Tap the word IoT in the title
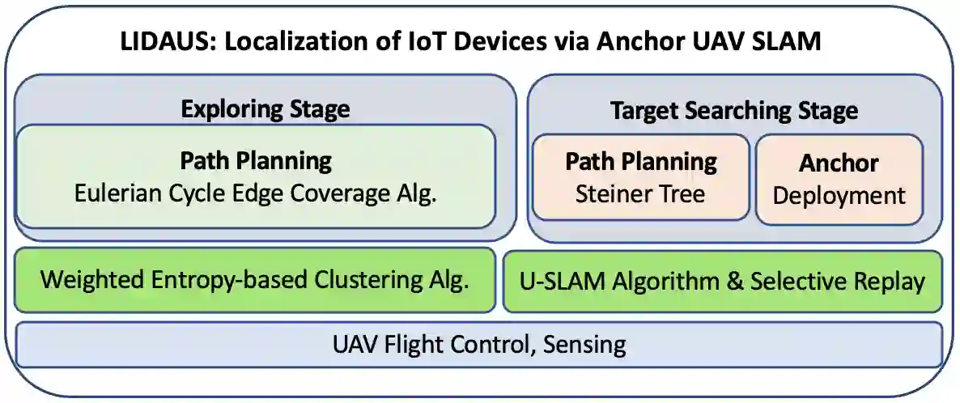coord(435,41)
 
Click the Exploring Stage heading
coord(265,108)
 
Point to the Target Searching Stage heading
coord(734,110)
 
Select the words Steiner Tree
coord(640,194)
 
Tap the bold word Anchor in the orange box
coord(839,163)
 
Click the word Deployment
coord(839,195)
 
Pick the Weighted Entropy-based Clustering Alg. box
coord(255,281)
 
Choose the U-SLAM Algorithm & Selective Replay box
coord(723,281)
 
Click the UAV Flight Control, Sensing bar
coord(479,344)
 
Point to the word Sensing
coord(584,344)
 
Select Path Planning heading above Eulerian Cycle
coord(255,160)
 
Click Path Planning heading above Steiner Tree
coord(640,161)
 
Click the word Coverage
coord(346,194)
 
